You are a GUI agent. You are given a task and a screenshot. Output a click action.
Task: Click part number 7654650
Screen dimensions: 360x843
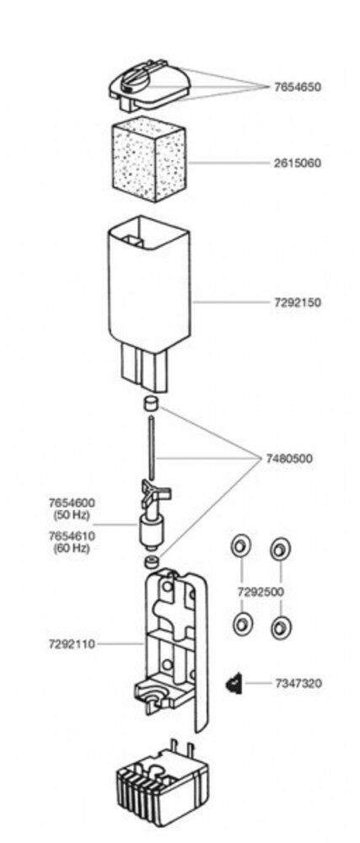tap(297, 87)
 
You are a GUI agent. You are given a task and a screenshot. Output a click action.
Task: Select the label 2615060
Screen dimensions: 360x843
tap(297, 163)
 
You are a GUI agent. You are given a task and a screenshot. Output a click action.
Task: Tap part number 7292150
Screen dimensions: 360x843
tap(297, 303)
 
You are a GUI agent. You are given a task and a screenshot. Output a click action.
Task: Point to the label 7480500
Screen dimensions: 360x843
tap(288, 459)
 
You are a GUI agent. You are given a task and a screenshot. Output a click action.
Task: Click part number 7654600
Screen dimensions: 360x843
tap(72, 503)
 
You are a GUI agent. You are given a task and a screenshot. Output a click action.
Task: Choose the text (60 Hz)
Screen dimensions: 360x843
tap(72, 549)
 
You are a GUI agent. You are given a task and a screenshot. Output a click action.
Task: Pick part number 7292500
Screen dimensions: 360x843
tap(261, 592)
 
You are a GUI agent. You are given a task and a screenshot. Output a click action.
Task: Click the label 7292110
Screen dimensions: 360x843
tap(72, 643)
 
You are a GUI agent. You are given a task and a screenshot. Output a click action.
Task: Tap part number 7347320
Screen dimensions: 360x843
tap(298, 684)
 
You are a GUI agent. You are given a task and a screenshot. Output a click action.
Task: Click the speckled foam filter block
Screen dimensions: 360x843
tap(149, 160)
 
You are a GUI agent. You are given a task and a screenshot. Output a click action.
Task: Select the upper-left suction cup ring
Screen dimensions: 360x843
tap(241, 546)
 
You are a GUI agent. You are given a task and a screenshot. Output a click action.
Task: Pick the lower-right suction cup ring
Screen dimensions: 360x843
tap(281, 627)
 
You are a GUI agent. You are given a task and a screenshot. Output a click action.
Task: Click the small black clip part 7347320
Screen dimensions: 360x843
tap(234, 684)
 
